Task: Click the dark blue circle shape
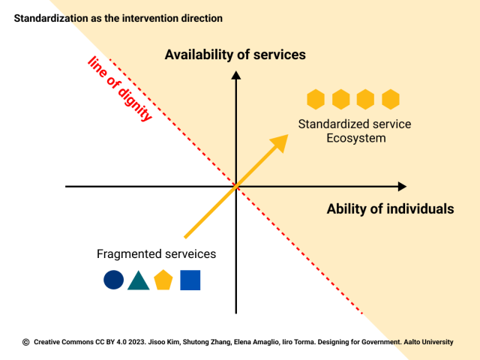(x=113, y=280)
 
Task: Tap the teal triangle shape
(x=139, y=280)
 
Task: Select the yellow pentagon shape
(x=163, y=280)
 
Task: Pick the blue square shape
(x=190, y=280)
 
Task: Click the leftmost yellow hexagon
(x=316, y=99)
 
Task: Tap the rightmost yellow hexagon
(x=391, y=99)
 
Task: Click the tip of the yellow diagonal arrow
(x=286, y=136)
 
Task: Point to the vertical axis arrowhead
(x=236, y=74)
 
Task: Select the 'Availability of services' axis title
(x=235, y=55)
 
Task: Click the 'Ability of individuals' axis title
(x=390, y=209)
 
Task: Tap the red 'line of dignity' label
(x=120, y=88)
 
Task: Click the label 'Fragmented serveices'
(x=157, y=254)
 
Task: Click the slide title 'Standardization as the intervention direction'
(x=118, y=16)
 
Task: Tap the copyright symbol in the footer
(x=26, y=342)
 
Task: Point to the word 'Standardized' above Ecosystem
(x=331, y=124)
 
